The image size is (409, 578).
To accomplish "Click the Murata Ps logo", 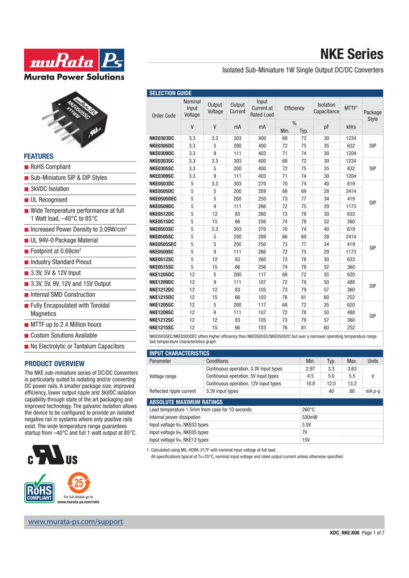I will click(x=74, y=60).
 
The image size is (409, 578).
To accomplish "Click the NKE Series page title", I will click(x=352, y=54).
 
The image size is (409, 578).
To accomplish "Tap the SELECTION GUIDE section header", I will click(x=170, y=93).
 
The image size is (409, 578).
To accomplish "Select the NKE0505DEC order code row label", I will click(x=163, y=199).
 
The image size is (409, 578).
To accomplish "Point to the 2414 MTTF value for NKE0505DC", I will click(x=351, y=192).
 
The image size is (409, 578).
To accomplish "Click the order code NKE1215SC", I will click(x=162, y=327).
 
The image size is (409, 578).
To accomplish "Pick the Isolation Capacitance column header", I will click(x=327, y=108).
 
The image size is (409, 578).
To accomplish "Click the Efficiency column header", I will click(x=294, y=108).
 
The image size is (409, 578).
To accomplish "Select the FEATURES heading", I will click(x=38, y=156).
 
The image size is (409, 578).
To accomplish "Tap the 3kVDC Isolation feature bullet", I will click(x=50, y=189).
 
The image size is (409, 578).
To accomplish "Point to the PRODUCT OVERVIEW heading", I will click(x=55, y=364).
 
